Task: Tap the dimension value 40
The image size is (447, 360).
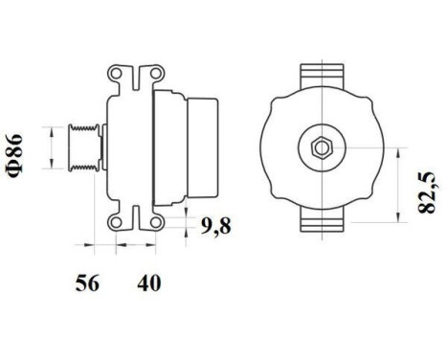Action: click(148, 282)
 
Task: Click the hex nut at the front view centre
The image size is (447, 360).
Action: click(319, 146)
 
